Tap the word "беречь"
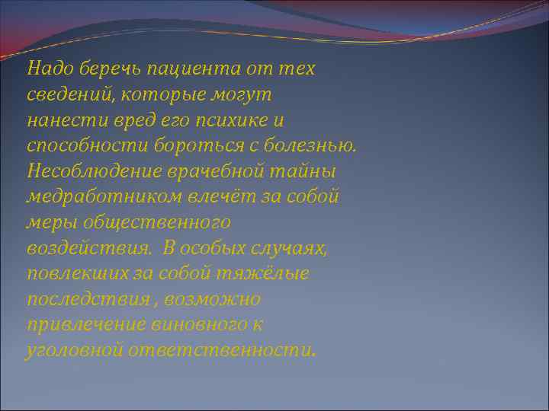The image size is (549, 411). [x=102, y=69]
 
